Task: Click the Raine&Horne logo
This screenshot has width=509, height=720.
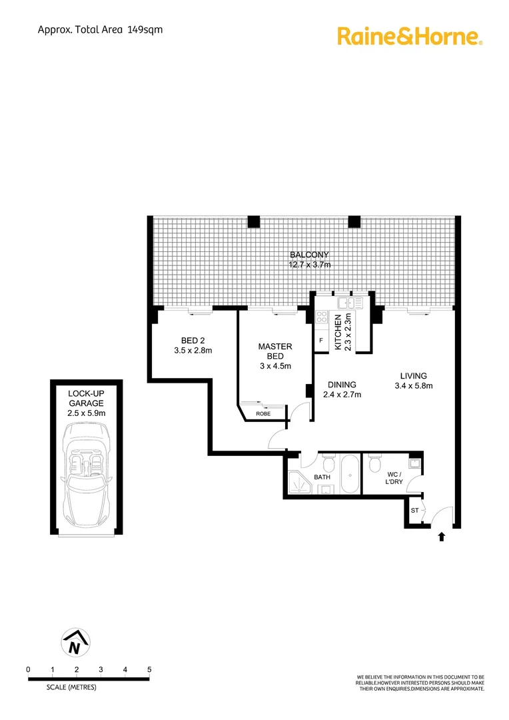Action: point(410,36)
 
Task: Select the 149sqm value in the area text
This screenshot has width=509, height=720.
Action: point(146,29)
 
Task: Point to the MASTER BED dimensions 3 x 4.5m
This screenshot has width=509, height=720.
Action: point(274,366)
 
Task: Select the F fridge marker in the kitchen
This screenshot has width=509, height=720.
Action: point(321,341)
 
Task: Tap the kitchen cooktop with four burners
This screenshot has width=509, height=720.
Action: point(322,319)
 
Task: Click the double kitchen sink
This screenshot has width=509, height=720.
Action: point(349,303)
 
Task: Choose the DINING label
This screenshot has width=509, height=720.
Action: point(342,385)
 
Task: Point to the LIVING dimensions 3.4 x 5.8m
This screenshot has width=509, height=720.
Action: point(414,386)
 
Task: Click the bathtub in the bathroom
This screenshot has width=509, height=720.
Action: point(349,474)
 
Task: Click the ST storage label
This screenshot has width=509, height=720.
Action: point(414,511)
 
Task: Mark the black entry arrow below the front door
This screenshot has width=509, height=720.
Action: point(440,537)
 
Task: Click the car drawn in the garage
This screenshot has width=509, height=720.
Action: point(87,469)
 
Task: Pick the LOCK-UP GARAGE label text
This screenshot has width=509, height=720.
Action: point(87,399)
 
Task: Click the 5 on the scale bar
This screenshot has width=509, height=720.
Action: point(149,669)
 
